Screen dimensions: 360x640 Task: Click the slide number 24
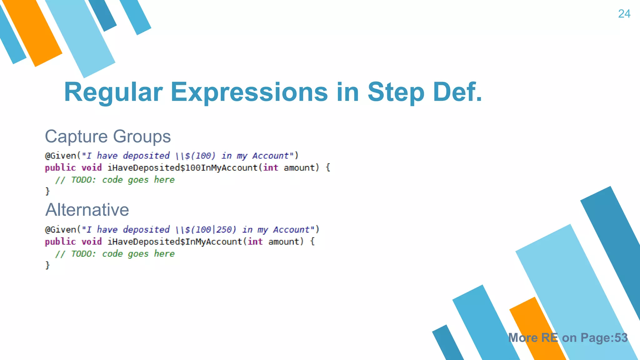(x=624, y=14)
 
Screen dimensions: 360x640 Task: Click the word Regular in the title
(x=113, y=92)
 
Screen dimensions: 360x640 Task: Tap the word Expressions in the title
(x=249, y=92)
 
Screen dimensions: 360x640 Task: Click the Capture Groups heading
(x=108, y=137)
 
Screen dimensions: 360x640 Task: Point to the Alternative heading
(x=87, y=210)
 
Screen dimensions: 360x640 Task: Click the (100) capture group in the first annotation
(x=203, y=156)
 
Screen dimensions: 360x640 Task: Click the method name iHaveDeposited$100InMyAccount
(x=182, y=168)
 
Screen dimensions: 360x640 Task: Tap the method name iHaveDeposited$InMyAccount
(x=175, y=242)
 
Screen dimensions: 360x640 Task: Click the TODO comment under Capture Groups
(x=115, y=180)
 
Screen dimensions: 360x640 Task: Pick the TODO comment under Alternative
(x=115, y=254)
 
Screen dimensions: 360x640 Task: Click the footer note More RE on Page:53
(x=568, y=338)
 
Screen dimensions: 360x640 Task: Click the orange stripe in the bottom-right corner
(x=537, y=328)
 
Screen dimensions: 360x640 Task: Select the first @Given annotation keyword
(x=61, y=156)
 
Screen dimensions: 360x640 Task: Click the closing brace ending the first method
(x=47, y=191)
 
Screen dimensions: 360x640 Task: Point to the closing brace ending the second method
(x=47, y=265)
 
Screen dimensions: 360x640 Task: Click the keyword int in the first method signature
(x=270, y=168)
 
